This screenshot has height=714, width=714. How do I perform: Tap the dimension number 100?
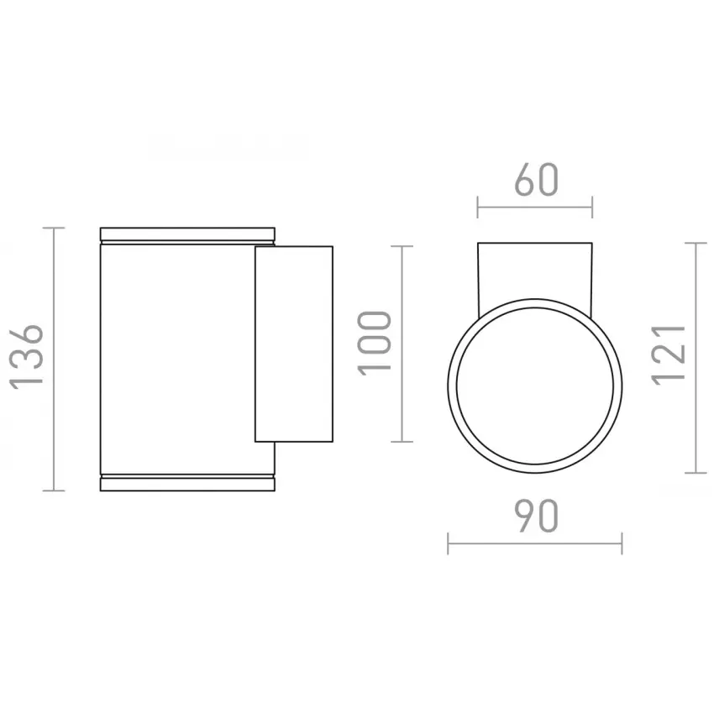(375, 344)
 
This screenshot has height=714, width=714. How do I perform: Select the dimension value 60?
(536, 180)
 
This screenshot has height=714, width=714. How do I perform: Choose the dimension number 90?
(536, 516)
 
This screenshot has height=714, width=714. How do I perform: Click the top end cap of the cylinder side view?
(187, 234)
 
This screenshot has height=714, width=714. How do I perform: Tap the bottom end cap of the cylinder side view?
(187, 484)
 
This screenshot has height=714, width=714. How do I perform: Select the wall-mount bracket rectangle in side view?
(294, 344)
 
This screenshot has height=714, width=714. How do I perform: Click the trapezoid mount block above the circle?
(534, 273)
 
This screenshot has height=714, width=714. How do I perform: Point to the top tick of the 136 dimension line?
(54, 228)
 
